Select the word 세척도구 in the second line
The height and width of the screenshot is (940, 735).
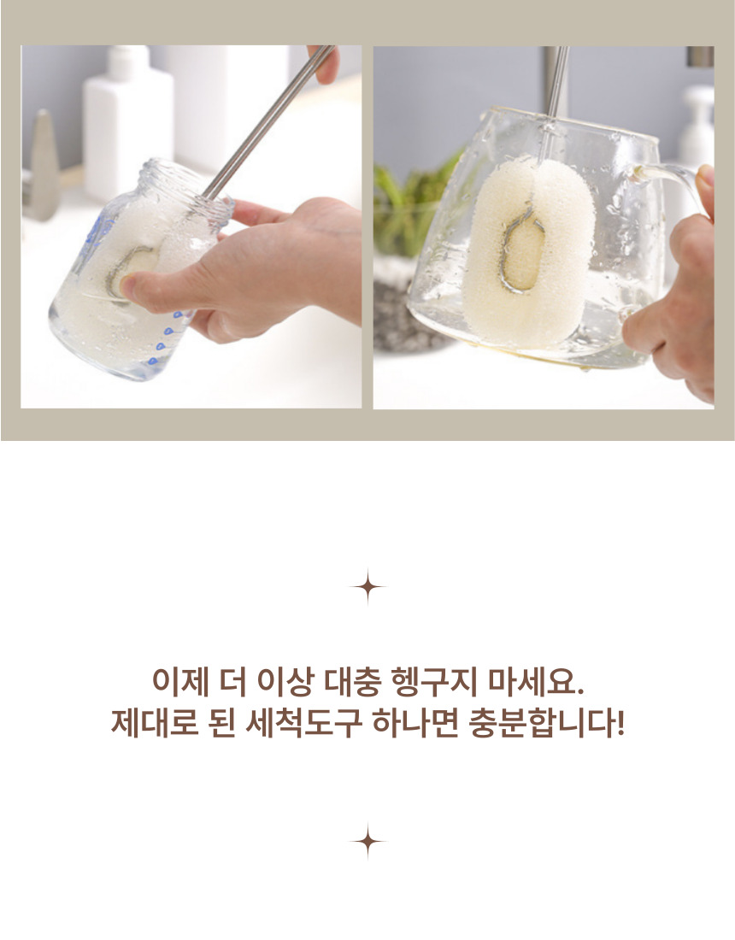point(304,723)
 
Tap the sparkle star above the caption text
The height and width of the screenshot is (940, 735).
point(367,587)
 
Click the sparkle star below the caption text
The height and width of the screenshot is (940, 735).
point(367,842)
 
